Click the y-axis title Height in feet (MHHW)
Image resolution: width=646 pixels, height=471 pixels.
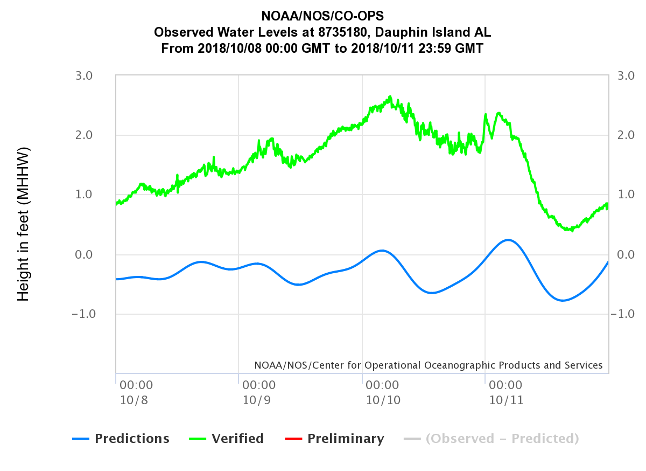pos(23,224)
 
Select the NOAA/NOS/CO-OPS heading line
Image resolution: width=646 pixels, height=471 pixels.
pos(322,17)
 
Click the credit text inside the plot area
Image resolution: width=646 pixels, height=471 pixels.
pos(429,365)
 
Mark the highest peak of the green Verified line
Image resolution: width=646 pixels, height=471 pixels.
pos(390,97)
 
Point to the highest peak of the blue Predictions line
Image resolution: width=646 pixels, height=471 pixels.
pos(508,240)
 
